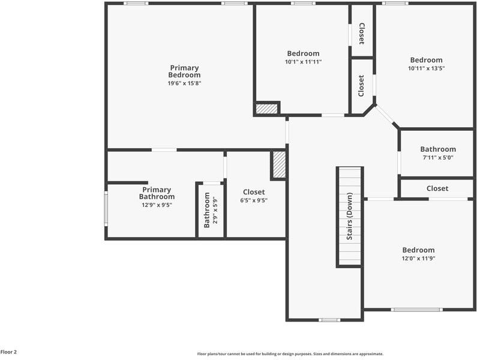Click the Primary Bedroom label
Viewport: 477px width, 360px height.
(x=184, y=71)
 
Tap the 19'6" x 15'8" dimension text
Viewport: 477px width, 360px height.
(x=184, y=83)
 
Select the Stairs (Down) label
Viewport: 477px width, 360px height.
(x=349, y=217)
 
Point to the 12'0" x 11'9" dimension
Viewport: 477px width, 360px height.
(x=418, y=259)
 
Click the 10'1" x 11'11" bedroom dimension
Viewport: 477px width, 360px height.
(x=303, y=62)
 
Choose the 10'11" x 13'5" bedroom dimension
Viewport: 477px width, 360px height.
(x=426, y=68)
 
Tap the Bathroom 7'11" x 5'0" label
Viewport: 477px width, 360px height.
(x=437, y=149)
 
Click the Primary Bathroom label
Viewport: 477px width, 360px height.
(x=157, y=193)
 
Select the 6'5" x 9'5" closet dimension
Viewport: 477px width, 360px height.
(x=254, y=200)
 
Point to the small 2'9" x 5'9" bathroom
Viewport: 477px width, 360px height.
(x=210, y=210)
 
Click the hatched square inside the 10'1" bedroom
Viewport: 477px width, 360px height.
(x=267, y=109)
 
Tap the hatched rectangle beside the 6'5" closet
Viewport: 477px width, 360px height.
(x=279, y=164)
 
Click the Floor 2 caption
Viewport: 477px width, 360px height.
(x=8, y=352)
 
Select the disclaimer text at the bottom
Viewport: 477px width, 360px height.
(x=290, y=354)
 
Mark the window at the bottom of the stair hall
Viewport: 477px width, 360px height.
(x=329, y=320)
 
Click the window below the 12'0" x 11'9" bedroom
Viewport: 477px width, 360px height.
(x=416, y=310)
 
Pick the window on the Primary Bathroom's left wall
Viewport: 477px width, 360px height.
(x=106, y=208)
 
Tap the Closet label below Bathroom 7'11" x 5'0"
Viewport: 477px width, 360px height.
(x=437, y=188)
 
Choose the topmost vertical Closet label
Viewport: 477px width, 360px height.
(x=361, y=34)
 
